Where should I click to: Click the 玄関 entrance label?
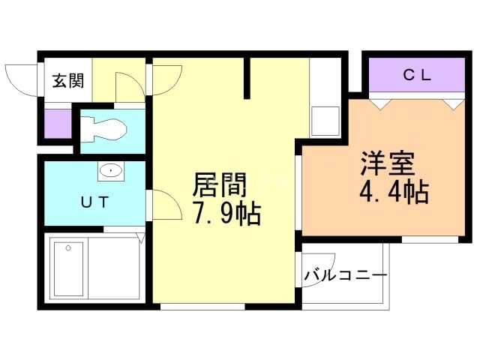click(x=67, y=81)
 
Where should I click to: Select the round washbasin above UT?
click(x=111, y=170)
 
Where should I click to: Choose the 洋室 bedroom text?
click(x=387, y=163)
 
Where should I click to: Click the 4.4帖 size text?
click(x=393, y=193)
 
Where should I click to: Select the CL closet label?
click(x=416, y=74)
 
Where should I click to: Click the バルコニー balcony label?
click(x=345, y=276)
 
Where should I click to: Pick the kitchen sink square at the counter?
click(x=325, y=121)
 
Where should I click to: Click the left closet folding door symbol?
click(x=382, y=103)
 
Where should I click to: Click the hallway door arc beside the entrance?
click(x=169, y=79)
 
